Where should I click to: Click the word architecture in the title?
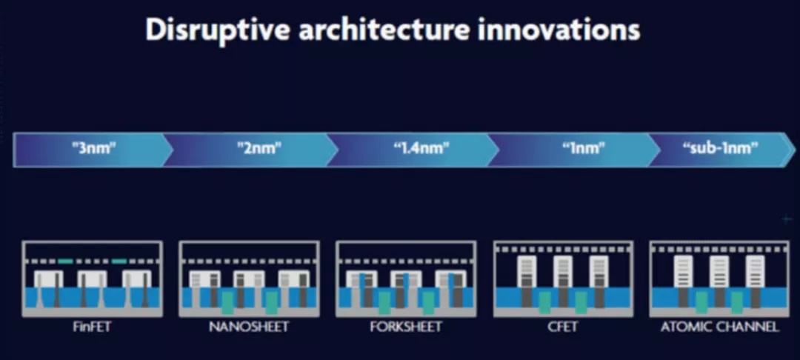coord(384,30)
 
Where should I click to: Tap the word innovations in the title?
coord(559,30)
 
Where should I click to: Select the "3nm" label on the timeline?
coord(94,149)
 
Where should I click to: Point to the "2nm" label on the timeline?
coord(260,149)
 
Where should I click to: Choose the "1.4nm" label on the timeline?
coord(421,149)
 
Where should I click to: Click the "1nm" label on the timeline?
coord(584,149)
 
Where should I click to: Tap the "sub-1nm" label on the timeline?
coord(721,148)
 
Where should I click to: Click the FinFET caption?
coord(92,327)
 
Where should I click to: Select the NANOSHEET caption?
coord(248,327)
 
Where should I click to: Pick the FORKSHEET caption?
coord(406,327)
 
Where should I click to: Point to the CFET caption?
coord(563,327)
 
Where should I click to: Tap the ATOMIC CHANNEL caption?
coord(720,327)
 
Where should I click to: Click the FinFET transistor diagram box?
coord(93,279)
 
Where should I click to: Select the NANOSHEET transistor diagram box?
coord(249,279)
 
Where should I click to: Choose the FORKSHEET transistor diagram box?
coord(406,279)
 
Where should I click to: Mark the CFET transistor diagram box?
coord(563,279)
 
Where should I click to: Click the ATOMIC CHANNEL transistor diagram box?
coord(720,279)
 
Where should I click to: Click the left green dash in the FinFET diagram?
coord(65,261)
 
